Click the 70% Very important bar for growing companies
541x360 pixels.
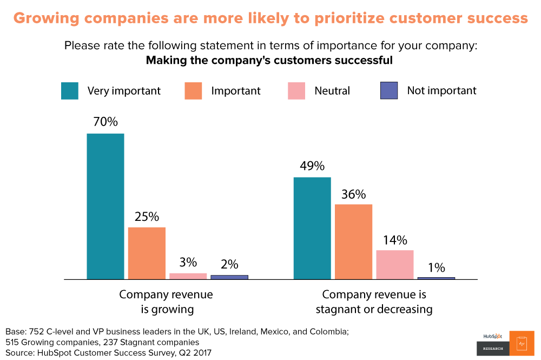pos(105,206)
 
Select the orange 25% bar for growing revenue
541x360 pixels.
pos(147,253)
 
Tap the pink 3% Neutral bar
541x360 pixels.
pos(188,276)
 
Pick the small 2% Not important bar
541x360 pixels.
pos(229,277)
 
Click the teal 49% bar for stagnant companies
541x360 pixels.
pos(312,228)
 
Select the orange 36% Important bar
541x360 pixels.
pos(353,241)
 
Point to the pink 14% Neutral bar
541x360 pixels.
pos(395,265)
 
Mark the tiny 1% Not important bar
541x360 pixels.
pos(436,278)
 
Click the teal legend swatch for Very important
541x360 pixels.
pos(70,91)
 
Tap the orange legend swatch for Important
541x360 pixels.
pos(194,91)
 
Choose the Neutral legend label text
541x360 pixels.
pos(332,91)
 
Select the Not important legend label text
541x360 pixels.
pos(441,91)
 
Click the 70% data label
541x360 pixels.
pos(105,122)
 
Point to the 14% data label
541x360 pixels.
pos(394,240)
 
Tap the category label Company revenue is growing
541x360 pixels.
pos(166,302)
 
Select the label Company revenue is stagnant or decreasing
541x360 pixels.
pos(374,302)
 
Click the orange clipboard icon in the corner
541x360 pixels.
pos(522,343)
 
